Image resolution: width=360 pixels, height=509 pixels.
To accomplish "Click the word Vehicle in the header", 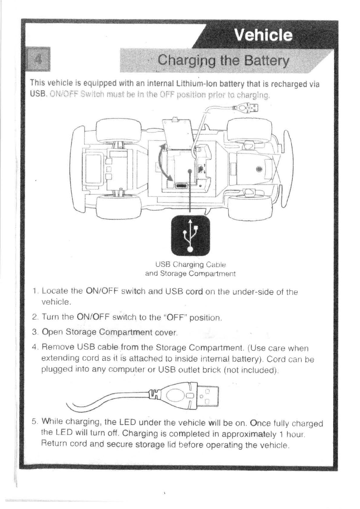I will tap(263, 35).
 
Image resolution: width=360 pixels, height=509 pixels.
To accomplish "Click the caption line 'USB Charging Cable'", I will tap(190, 265).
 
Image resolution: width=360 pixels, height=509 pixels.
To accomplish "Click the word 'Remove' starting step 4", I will tap(57, 347).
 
